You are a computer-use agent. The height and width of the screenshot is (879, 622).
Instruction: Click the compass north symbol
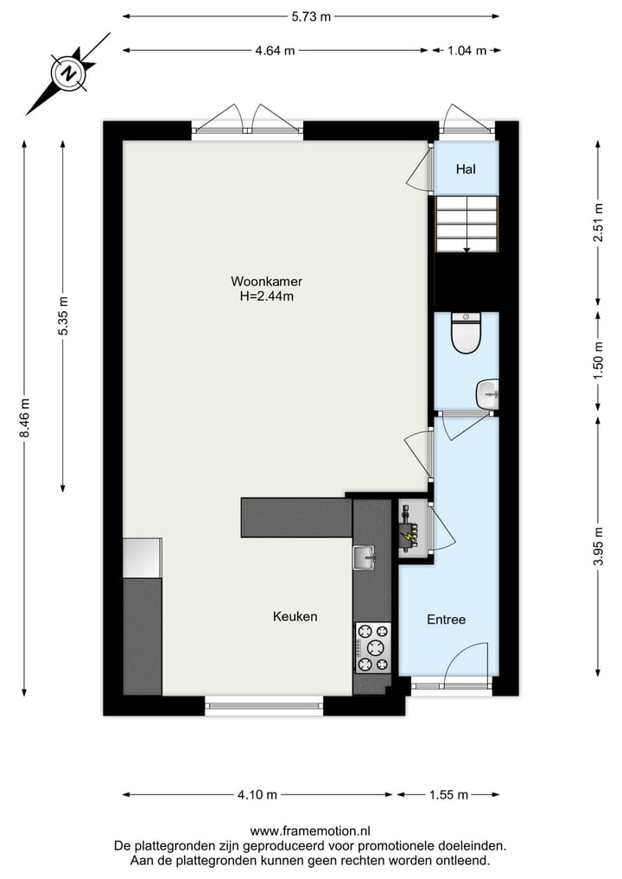(x=67, y=73)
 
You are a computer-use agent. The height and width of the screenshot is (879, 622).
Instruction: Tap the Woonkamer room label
(x=266, y=281)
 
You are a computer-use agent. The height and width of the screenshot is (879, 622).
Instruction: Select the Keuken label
(x=295, y=616)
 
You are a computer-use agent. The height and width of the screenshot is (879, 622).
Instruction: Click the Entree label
(x=447, y=620)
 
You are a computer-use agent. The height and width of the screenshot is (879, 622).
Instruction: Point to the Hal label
(x=466, y=169)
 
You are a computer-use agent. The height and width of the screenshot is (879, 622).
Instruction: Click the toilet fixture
(x=466, y=334)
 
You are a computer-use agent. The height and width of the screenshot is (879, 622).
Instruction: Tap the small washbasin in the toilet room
(x=488, y=394)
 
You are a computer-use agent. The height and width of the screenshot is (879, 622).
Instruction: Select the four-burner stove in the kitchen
(x=372, y=648)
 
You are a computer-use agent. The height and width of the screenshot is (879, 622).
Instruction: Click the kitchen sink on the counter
(x=364, y=557)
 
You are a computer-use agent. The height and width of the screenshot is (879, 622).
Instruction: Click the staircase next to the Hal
(x=466, y=224)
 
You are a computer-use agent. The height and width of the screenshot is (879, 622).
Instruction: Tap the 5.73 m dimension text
(x=310, y=16)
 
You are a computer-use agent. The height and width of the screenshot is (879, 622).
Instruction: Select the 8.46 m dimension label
(x=25, y=417)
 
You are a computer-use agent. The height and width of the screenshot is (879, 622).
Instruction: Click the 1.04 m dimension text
(x=466, y=50)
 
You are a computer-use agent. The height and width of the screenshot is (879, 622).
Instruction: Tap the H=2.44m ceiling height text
(x=266, y=296)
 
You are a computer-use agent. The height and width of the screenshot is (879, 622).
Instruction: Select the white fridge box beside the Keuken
(x=142, y=557)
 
